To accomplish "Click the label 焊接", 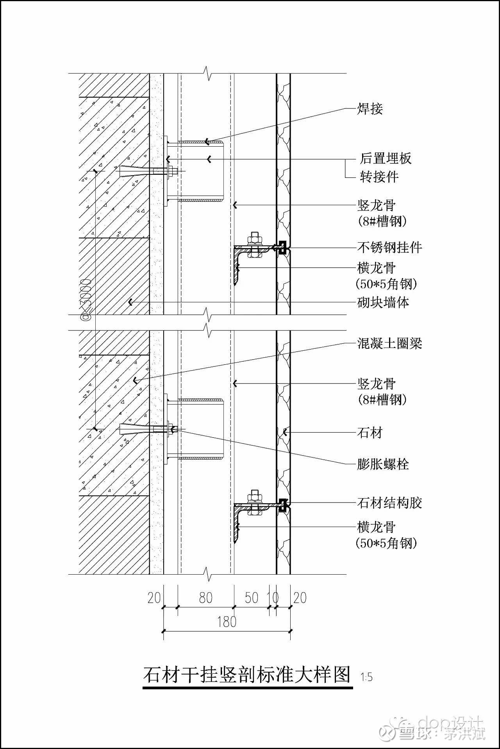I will pos(370,109).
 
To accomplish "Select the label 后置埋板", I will pos(386,158).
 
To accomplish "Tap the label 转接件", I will pos(379,177).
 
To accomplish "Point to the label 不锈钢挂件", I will pos(389,247).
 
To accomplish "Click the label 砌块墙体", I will pos(383,302).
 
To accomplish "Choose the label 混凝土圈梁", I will pos(389,344).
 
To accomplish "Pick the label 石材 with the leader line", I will pos(370,433).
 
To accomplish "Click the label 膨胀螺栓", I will pos(383,464).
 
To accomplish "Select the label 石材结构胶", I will pos(389,503).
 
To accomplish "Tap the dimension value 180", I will pos(227,622).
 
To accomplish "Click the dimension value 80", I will pos(205,598).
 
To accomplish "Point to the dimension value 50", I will pos(252,598).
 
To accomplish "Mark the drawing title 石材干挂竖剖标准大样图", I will pos(247,674).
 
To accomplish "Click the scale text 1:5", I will pos(366,677).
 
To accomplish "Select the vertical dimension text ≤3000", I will pos(86,300).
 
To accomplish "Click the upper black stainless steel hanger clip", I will pos(282,248).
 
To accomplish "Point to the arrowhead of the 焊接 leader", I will pos(207,142).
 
